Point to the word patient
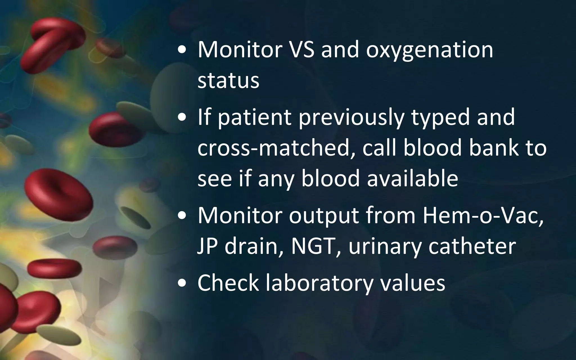(255, 118)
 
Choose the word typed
(440, 118)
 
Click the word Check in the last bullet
(228, 283)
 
